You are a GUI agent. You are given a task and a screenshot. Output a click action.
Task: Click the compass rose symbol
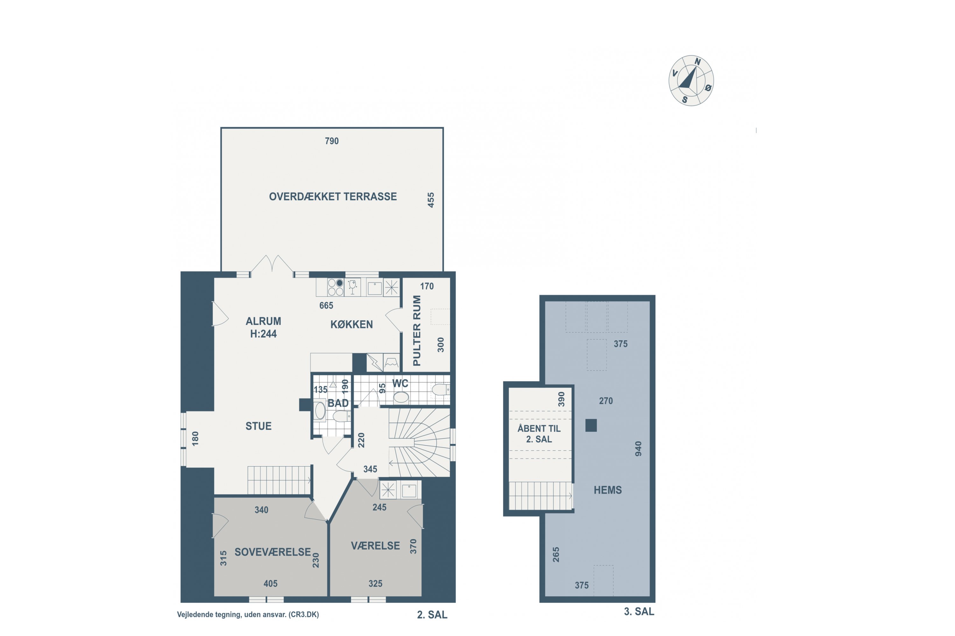click(x=691, y=81)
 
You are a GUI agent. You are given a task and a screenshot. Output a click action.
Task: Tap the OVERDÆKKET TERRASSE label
click(x=333, y=197)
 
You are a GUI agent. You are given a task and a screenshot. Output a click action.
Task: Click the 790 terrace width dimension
click(x=332, y=141)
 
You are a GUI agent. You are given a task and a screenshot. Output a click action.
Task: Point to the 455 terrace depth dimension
click(x=431, y=200)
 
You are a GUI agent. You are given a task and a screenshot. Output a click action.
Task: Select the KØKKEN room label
click(x=352, y=324)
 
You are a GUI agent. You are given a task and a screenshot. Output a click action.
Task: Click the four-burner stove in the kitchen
click(x=336, y=287)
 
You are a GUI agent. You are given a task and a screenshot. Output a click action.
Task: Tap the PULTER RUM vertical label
click(x=417, y=331)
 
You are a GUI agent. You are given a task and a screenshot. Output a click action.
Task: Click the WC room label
click(x=400, y=383)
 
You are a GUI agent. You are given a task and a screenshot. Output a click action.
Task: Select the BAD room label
click(x=338, y=403)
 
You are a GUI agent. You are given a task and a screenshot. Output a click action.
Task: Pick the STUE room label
click(x=258, y=426)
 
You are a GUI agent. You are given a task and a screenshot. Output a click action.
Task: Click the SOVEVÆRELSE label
click(x=273, y=552)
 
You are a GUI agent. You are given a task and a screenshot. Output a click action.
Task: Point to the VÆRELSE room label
click(x=376, y=546)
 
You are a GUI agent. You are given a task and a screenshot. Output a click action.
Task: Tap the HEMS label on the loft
click(x=608, y=490)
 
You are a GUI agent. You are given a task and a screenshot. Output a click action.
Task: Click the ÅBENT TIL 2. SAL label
click(x=539, y=434)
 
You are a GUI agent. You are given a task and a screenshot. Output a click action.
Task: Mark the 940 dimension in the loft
click(x=638, y=449)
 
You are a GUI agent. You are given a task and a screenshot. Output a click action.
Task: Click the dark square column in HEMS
click(x=591, y=425)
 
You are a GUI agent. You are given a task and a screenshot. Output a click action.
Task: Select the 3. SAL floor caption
click(x=639, y=612)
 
